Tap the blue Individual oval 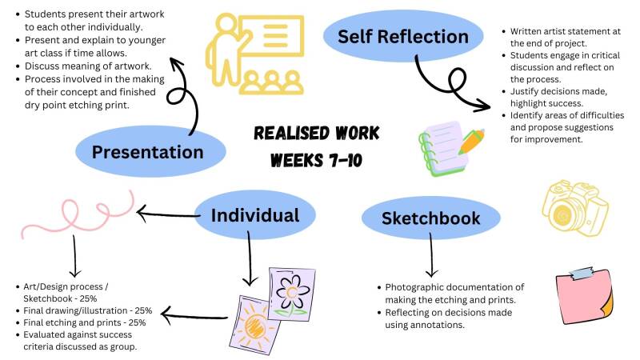[255, 214]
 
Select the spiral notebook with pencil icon [450, 146]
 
